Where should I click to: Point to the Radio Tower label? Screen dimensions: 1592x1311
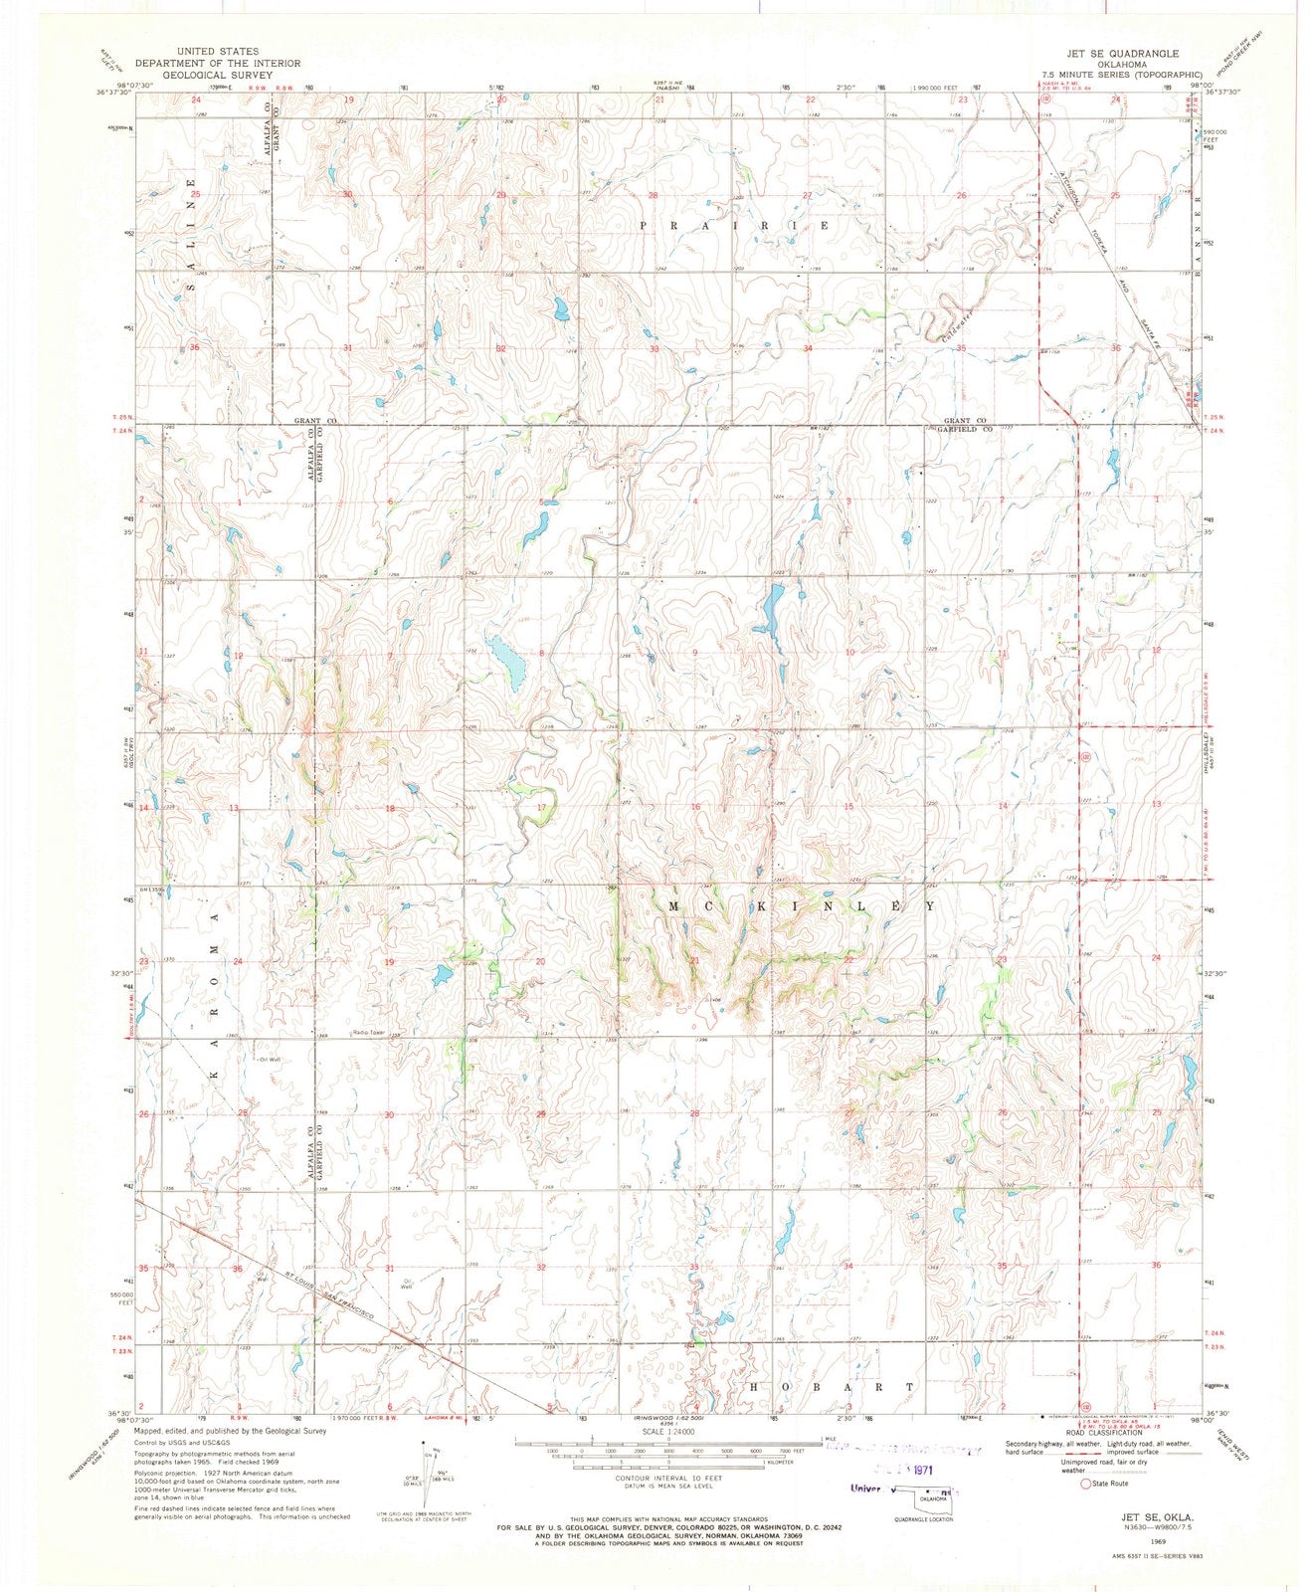coord(368,1033)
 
